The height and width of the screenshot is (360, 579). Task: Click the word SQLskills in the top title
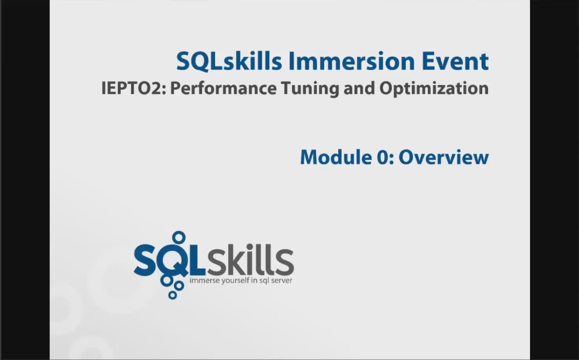pyautogui.click(x=229, y=61)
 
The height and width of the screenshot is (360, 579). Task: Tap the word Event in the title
pyautogui.click(x=455, y=61)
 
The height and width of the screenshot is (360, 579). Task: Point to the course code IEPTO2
pyautogui.click(x=134, y=88)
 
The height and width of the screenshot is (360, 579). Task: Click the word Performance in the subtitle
pyautogui.click(x=223, y=88)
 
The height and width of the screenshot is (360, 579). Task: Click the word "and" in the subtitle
pyautogui.click(x=359, y=88)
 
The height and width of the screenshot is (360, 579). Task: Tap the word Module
pyautogui.click(x=336, y=157)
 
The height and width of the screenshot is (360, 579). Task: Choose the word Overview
pyautogui.click(x=444, y=157)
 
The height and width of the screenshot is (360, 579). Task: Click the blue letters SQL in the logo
pyautogui.click(x=169, y=260)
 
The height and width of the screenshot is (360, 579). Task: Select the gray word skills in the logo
pyautogui.click(x=250, y=260)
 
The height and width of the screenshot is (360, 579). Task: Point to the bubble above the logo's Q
pyautogui.click(x=179, y=237)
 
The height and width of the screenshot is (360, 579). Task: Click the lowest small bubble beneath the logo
pyautogui.click(x=173, y=295)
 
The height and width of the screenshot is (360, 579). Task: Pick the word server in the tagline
pyautogui.click(x=282, y=281)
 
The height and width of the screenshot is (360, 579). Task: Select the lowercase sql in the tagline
pyautogui.click(x=264, y=281)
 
